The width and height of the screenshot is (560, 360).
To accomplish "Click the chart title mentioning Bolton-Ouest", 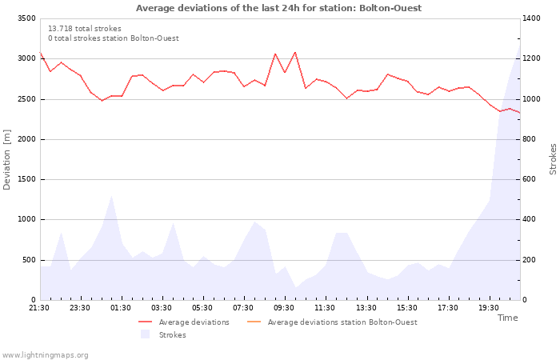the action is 278,8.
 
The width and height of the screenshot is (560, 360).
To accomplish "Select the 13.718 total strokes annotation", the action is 85,29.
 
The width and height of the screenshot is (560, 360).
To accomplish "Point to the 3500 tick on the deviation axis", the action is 26,18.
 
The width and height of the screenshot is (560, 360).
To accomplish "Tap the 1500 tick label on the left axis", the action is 26,179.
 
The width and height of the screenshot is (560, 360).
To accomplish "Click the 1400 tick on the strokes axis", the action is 531,18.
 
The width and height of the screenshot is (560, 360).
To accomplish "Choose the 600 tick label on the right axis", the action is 529,179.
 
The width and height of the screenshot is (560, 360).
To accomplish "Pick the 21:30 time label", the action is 39,308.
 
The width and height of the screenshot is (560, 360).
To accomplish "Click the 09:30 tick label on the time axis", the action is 284,308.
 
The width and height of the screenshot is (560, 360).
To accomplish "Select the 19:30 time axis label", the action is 489,308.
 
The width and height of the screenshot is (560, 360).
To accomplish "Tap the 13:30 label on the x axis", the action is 366,308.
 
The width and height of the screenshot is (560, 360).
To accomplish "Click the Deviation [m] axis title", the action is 6,160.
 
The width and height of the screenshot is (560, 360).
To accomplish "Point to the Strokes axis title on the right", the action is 553,159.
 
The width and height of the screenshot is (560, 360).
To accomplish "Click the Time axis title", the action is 507,318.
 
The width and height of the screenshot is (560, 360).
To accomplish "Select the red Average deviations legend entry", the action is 184,322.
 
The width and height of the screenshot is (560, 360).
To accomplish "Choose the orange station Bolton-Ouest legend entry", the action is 332,322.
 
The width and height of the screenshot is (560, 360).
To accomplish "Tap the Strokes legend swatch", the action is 145,334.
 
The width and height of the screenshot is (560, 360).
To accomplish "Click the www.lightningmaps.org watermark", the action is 44,355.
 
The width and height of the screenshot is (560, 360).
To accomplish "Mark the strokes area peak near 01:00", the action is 112,196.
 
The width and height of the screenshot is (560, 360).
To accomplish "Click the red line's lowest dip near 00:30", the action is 102,100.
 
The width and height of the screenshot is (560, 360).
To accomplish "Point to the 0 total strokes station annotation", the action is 114,38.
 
